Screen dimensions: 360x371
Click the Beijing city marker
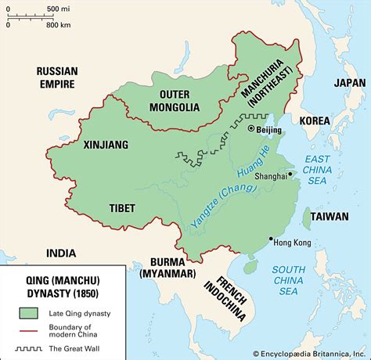pyautogui.click(x=251, y=128)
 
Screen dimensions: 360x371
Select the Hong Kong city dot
pyautogui.click(x=270, y=239)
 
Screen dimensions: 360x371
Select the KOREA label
pyautogui.click(x=314, y=121)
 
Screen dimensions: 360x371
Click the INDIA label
pyautogui.click(x=61, y=253)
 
